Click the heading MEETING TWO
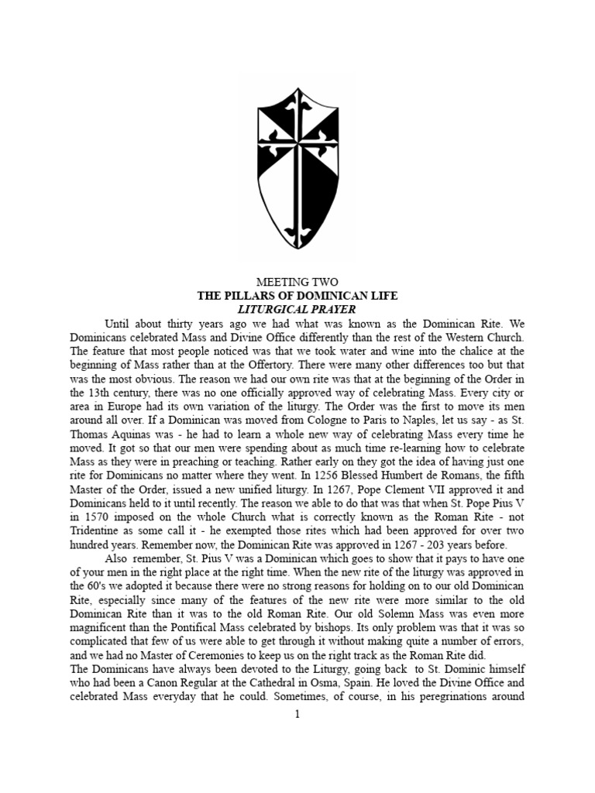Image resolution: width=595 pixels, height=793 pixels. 297,282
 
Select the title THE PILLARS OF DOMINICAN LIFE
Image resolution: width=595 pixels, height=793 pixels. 297,296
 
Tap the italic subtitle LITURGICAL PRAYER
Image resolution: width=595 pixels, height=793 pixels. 297,310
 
